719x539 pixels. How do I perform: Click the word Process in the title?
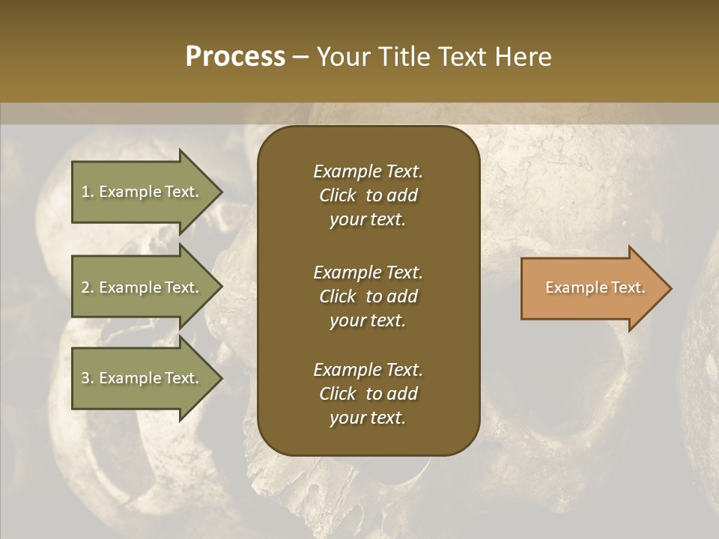[x=235, y=57]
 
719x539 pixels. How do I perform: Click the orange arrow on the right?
[x=592, y=288]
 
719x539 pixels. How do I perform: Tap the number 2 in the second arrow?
[x=85, y=287]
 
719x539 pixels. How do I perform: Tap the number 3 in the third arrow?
[x=85, y=378]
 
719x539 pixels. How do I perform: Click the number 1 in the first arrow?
[x=85, y=192]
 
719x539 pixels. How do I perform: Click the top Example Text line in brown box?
[x=368, y=171]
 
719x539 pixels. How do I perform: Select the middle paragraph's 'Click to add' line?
[x=368, y=296]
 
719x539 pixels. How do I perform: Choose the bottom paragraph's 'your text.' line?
[x=368, y=418]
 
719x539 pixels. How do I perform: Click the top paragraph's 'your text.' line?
[x=368, y=220]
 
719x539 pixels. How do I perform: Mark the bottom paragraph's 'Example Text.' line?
[x=368, y=370]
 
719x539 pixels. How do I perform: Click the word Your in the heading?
[x=341, y=57]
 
